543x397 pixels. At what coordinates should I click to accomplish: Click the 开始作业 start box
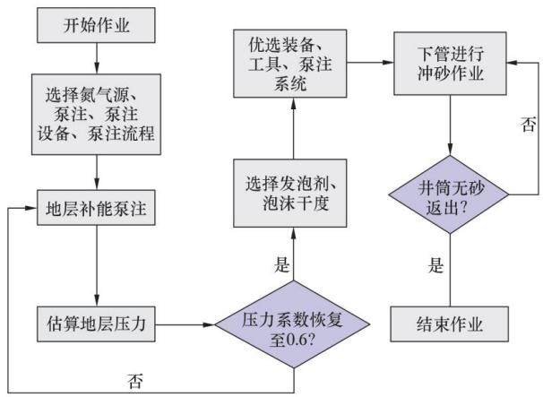click(96, 25)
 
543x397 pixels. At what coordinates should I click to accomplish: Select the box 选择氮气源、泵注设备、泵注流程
click(96, 115)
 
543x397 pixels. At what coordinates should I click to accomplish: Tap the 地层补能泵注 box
click(96, 208)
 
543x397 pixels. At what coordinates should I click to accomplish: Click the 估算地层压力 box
click(96, 324)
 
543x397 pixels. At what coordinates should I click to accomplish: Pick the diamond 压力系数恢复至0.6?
click(293, 324)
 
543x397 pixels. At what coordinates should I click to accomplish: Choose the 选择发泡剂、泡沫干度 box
click(289, 193)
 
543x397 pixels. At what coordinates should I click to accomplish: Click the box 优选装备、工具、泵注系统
click(289, 64)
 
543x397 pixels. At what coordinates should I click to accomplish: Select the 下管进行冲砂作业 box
click(450, 64)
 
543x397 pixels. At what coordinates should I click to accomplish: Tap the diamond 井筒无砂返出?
click(449, 194)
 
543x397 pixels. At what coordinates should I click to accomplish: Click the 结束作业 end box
click(450, 324)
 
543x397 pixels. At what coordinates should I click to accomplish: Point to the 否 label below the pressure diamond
click(134, 381)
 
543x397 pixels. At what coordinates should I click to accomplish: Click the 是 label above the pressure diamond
click(282, 264)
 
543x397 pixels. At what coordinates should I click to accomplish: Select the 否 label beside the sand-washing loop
click(529, 124)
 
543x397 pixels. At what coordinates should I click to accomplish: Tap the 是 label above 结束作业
click(435, 265)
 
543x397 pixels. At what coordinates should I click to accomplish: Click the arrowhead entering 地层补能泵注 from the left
click(32, 208)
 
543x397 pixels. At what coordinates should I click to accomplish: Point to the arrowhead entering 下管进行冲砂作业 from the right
click(512, 63)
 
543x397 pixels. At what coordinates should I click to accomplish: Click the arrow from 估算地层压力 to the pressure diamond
click(185, 324)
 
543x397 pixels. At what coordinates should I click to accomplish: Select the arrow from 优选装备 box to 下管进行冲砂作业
click(370, 63)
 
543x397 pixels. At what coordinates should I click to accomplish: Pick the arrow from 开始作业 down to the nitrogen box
click(97, 58)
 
